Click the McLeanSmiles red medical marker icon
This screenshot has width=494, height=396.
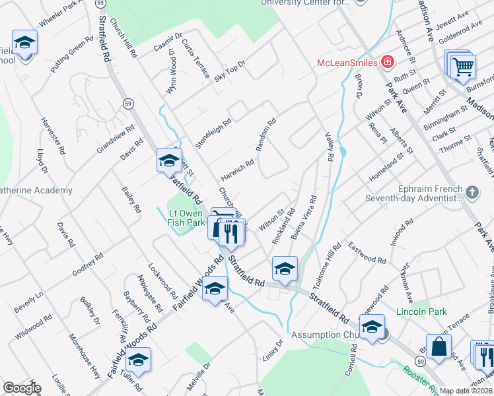387,63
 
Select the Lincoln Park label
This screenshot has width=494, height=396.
421,312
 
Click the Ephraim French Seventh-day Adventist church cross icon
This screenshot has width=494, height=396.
472,193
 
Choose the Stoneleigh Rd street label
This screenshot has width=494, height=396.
213,133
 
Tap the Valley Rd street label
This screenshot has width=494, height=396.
329,145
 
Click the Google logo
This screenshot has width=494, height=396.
21,388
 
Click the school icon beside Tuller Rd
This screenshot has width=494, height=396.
138,360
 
